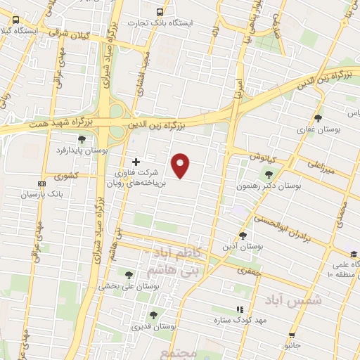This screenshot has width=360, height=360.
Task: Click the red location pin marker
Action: (x=181, y=165)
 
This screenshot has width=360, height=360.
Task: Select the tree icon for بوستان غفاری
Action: (x=319, y=118)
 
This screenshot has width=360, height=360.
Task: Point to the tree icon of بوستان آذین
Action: (x=243, y=236)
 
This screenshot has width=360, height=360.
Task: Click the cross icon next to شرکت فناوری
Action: (x=136, y=162)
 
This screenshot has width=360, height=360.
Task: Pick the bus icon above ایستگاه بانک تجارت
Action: (x=160, y=12)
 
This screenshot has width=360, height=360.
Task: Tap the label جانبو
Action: (x=292, y=347)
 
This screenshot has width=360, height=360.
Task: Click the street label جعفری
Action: (x=247, y=270)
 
